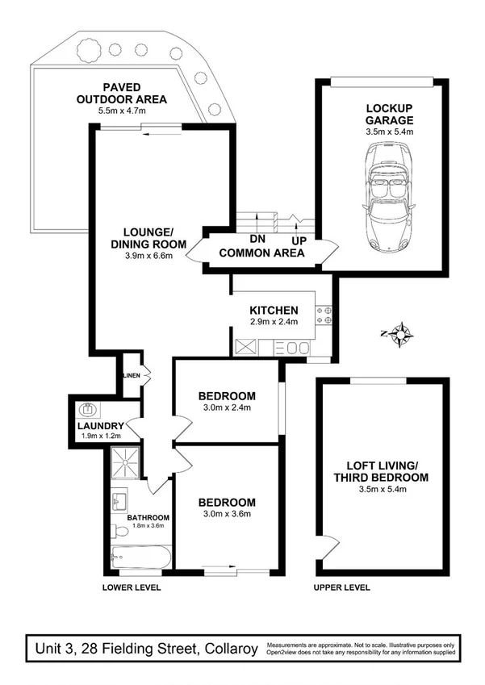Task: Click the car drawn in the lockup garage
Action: pyautogui.click(x=389, y=197)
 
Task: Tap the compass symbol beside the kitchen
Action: pyautogui.click(x=400, y=332)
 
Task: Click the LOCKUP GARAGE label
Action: pyautogui.click(x=390, y=114)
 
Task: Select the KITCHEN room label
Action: pyautogui.click(x=274, y=310)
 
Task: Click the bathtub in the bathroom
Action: pyautogui.click(x=141, y=556)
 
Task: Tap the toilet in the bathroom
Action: pyautogui.click(x=120, y=532)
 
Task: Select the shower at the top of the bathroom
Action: pyautogui.click(x=128, y=462)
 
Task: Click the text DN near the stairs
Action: pyautogui.click(x=257, y=239)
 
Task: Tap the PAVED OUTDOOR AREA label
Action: pyautogui.click(x=122, y=93)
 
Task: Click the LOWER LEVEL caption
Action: pyautogui.click(x=132, y=587)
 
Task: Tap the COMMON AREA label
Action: pyautogui.click(x=261, y=253)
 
